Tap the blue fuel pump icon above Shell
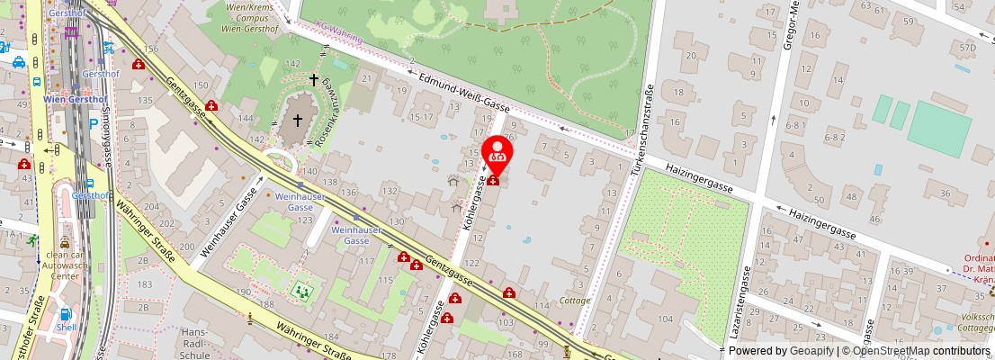click(65, 314)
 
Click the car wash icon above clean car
click(65, 243)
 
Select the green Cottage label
click(575, 301)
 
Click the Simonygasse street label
click(106, 129)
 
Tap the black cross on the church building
click(297, 120)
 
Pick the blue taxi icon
click(18, 63)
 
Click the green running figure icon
click(33, 240)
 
